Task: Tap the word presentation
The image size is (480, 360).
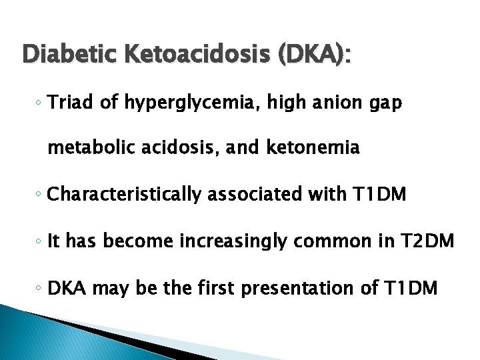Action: coord(308,289)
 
